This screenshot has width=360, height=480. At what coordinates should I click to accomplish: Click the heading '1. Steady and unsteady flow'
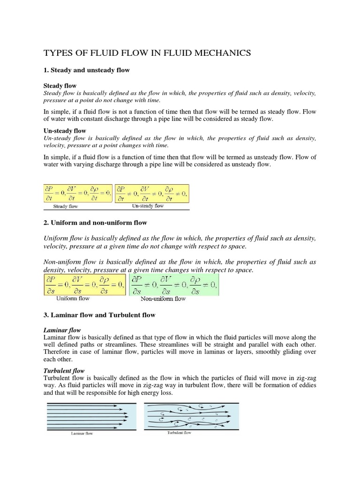86,70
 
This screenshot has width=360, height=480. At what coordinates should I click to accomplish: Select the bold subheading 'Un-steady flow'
65,131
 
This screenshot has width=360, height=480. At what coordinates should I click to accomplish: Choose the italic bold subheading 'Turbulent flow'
64,371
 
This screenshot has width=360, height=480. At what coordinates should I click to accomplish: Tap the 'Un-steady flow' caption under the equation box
148,206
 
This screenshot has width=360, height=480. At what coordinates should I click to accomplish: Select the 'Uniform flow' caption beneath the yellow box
73,298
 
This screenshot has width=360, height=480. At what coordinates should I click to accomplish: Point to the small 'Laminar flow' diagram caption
82,434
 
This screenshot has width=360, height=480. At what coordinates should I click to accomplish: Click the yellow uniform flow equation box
84,285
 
